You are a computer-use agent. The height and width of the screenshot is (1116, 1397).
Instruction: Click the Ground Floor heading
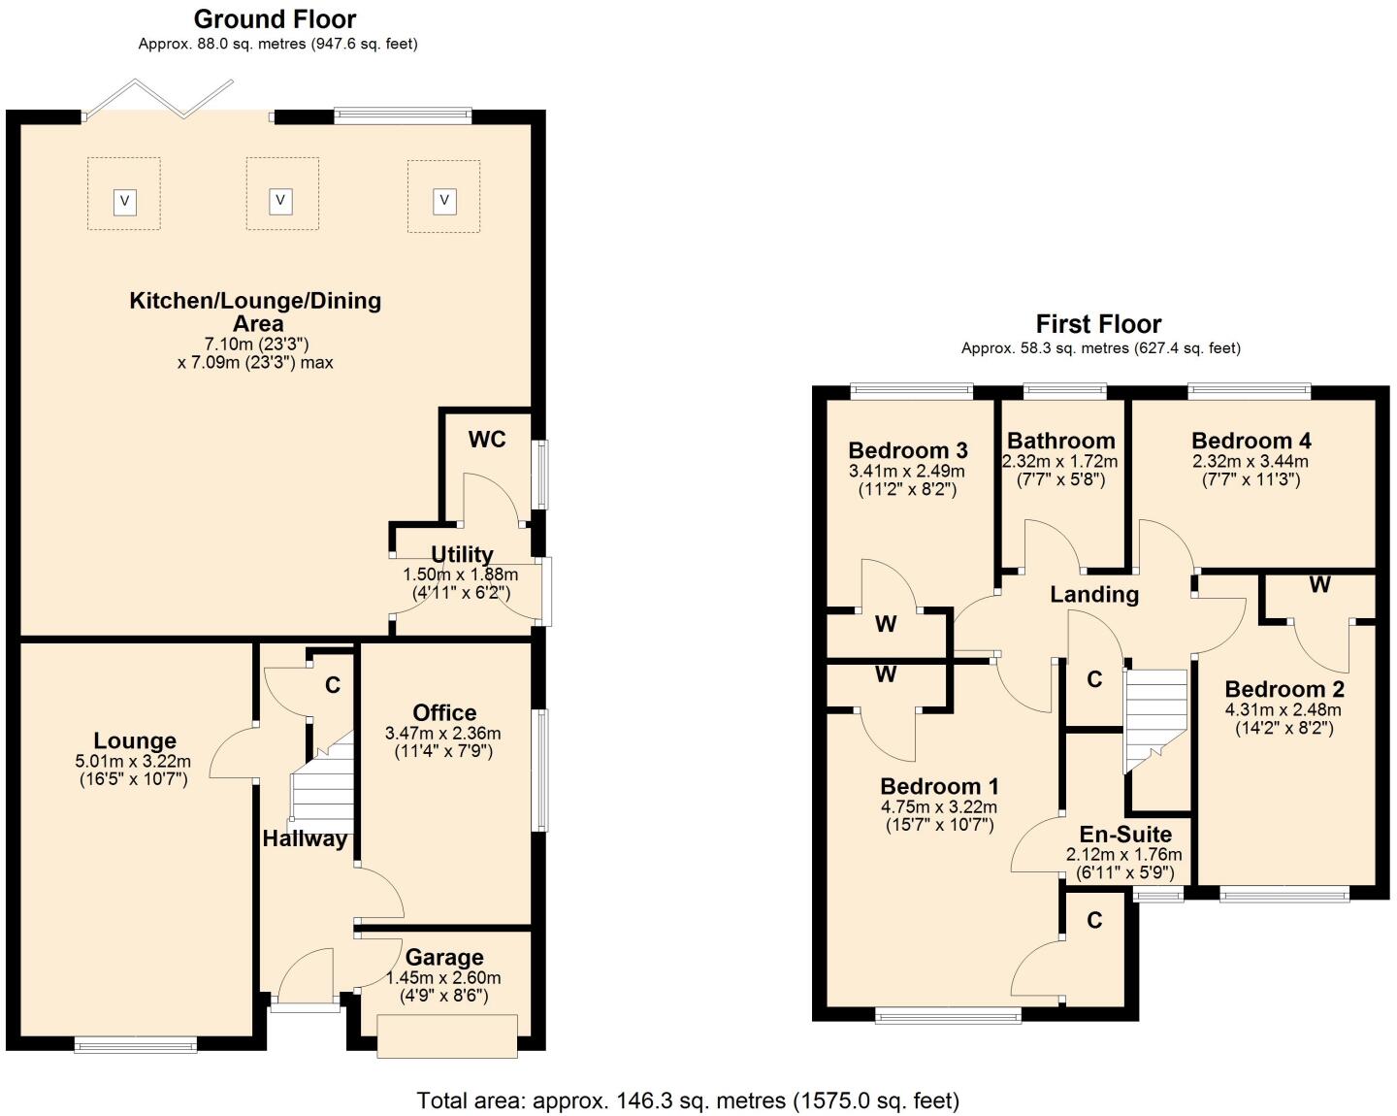275,19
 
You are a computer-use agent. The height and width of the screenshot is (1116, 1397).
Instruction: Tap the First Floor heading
1098,324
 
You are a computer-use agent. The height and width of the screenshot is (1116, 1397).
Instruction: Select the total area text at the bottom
688,1100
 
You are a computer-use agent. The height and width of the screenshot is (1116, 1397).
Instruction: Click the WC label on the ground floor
487,440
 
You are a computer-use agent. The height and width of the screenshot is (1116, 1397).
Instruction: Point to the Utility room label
462,554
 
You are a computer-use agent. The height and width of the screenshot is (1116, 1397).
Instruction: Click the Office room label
444,713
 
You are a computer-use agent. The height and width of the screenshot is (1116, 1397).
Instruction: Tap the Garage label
444,958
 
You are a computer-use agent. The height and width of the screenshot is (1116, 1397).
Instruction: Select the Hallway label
305,839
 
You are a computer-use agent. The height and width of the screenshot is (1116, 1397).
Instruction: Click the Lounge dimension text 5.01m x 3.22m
133,762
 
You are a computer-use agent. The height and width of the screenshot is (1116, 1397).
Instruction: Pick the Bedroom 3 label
907,450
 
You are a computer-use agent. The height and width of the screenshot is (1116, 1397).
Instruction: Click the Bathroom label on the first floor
1060,442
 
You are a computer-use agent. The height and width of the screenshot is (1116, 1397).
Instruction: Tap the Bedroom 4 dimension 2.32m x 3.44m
1251,462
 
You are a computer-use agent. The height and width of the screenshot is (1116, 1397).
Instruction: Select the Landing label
1094,594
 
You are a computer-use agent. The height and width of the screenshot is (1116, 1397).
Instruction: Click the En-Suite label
1125,835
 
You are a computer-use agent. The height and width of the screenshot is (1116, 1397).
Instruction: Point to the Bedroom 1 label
939,786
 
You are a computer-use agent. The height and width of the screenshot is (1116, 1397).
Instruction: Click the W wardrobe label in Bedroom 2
1319,585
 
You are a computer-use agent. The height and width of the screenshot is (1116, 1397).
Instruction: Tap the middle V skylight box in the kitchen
281,201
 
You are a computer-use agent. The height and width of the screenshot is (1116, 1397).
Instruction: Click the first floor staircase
1156,718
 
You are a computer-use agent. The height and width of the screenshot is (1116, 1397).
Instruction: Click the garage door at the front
447,1035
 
